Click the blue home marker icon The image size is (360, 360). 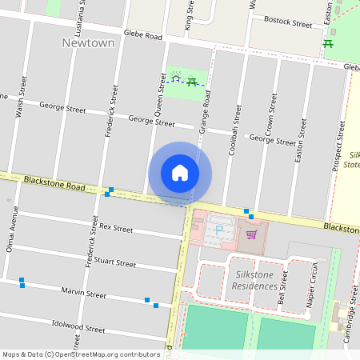click(x=180, y=173)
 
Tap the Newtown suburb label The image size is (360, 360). click(x=88, y=42)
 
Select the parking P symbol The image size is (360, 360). click(x=219, y=231)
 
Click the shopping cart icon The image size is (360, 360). click(x=252, y=234)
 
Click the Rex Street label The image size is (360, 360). click(x=116, y=228)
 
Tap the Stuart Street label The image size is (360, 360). click(x=114, y=261)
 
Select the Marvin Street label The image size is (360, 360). click(x=84, y=294)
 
